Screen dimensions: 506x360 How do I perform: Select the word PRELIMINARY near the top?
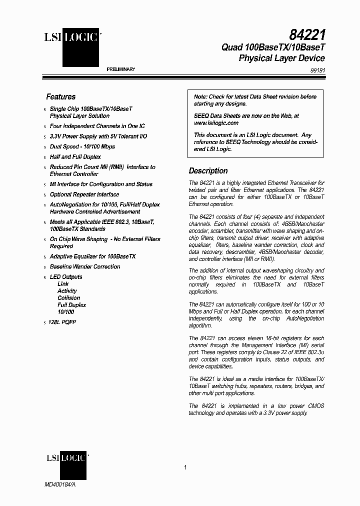[121, 69]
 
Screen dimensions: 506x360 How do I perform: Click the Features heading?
[60, 96]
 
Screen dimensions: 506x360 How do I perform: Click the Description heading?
[208, 170]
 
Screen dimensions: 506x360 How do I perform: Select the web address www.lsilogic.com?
[216, 122]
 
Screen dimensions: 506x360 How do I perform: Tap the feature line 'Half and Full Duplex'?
[75, 157]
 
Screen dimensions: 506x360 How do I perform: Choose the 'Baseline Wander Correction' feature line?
[85, 266]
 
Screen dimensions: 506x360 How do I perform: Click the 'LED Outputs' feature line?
[66, 276]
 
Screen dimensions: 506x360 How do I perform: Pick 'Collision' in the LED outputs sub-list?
[68, 297]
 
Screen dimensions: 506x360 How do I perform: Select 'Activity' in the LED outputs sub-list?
[67, 290]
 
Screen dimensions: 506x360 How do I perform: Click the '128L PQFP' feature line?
[63, 322]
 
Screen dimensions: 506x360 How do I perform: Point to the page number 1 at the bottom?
[185, 467]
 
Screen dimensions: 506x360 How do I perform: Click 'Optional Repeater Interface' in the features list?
[84, 194]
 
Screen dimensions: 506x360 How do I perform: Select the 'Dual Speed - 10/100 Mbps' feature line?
[82, 146]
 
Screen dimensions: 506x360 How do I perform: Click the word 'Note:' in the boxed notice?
[200, 97]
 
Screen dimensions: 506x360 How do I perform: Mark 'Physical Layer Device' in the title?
[281, 58]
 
